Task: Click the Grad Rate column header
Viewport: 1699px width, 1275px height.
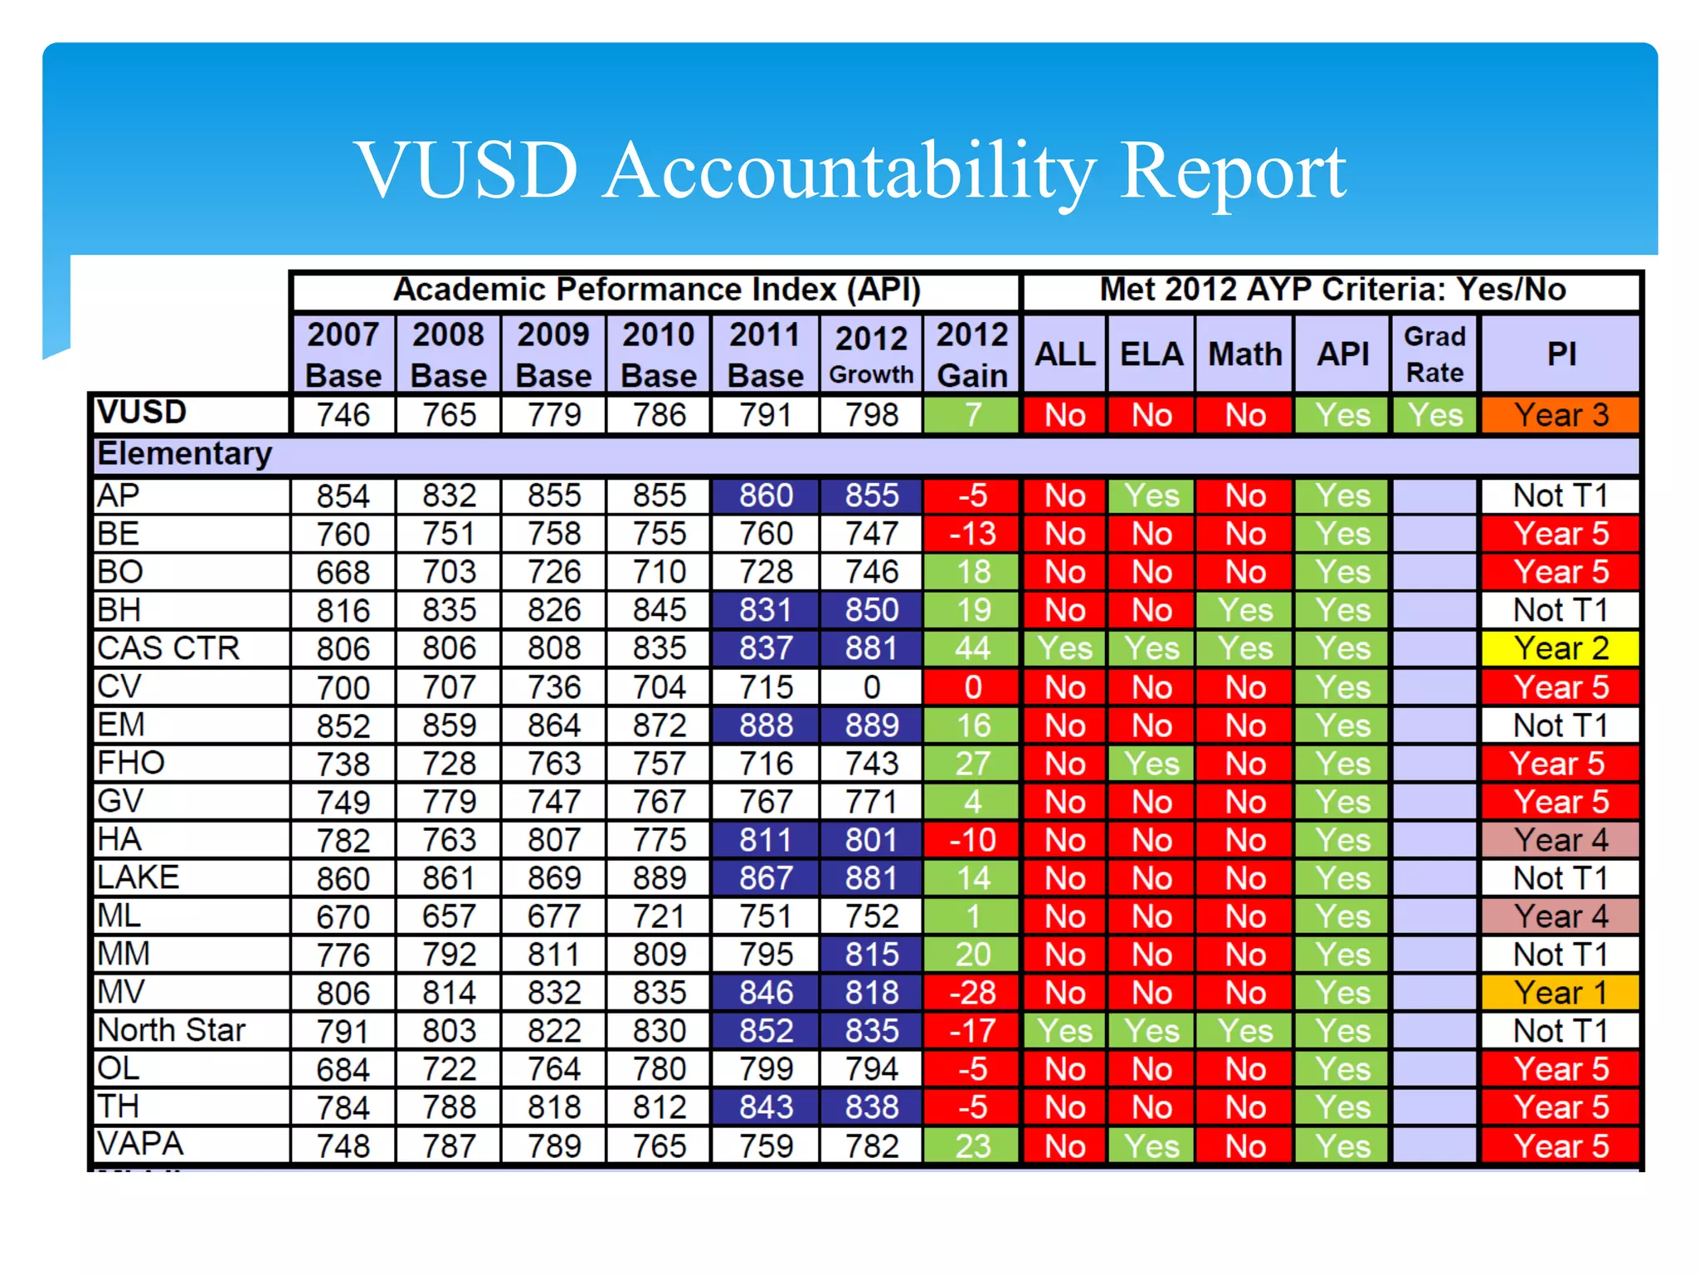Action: pyautogui.click(x=1434, y=354)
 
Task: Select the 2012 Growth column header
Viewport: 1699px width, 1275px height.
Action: pyautogui.click(x=871, y=354)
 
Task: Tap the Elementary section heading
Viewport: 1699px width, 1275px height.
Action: pyautogui.click(x=185, y=454)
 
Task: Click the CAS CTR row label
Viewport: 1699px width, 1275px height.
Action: pyautogui.click(x=168, y=648)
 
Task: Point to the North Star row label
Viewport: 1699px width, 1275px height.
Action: pyautogui.click(x=172, y=1030)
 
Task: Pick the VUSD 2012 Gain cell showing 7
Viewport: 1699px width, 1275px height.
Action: pyautogui.click(x=972, y=415)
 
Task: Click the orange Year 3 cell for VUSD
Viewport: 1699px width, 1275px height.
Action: pyautogui.click(x=1560, y=415)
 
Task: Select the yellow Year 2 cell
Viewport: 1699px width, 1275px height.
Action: pyautogui.click(x=1560, y=648)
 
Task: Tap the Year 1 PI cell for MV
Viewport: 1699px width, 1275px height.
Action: pyautogui.click(x=1560, y=993)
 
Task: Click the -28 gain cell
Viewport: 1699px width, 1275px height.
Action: pyautogui.click(x=972, y=993)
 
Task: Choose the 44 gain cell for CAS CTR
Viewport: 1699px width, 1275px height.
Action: pyautogui.click(x=972, y=648)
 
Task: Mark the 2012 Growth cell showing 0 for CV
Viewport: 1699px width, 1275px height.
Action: pyautogui.click(x=871, y=687)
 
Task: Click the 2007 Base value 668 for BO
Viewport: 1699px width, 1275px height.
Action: pyautogui.click(x=343, y=572)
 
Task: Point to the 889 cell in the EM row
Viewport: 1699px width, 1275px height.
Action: pyautogui.click(x=871, y=725)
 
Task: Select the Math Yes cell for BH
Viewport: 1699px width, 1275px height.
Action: pyautogui.click(x=1244, y=610)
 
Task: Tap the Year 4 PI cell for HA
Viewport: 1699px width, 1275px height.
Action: pyautogui.click(x=1560, y=840)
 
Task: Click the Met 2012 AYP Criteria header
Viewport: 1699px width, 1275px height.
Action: pyautogui.click(x=1332, y=290)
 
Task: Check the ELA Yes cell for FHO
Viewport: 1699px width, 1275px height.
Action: pyautogui.click(x=1151, y=764)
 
